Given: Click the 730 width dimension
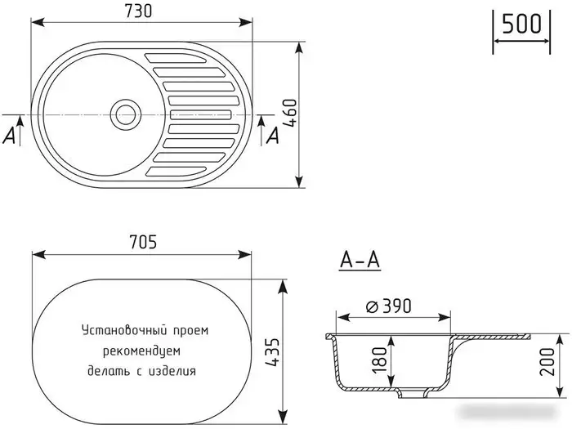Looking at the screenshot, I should coord(141,11).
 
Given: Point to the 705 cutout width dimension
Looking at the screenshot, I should coord(141,242).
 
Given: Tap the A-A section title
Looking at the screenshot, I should coord(360,261).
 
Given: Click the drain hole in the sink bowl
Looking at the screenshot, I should coord(125,114).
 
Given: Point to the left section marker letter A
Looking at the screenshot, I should coord(10,136).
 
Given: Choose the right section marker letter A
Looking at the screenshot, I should coord(272,136).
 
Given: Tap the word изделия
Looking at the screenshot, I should coord(174,370).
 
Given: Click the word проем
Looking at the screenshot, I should coord(190,331).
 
